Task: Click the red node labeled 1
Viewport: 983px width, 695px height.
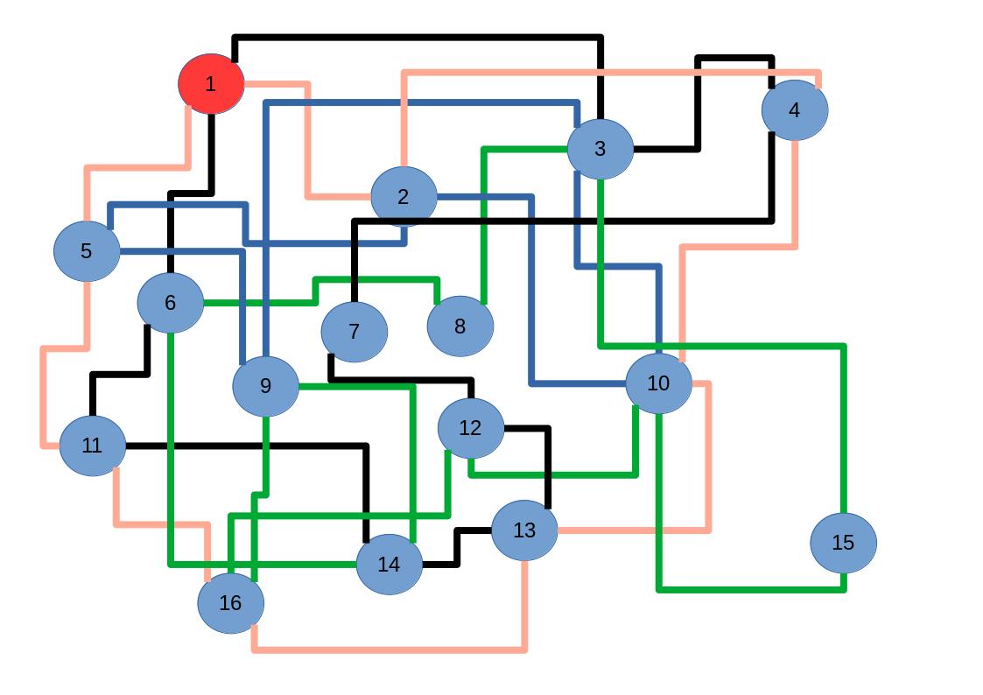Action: [211, 84]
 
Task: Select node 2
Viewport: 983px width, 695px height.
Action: [404, 197]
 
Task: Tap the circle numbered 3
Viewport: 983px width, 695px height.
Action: [600, 149]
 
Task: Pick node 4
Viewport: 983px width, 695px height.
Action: [794, 110]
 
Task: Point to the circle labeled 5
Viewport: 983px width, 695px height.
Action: [87, 251]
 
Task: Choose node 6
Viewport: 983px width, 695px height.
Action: [171, 303]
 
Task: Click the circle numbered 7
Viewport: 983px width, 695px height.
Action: [355, 332]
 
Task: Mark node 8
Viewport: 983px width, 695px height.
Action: [460, 326]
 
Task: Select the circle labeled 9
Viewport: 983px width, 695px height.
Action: [266, 386]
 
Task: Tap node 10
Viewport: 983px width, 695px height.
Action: [658, 383]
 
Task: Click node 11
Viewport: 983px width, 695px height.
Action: [93, 446]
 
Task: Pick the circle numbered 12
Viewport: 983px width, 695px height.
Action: [471, 428]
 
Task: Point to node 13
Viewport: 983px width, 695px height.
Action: [524, 530]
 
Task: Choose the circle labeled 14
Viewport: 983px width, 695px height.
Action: [390, 565]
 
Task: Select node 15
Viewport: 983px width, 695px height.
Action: [843, 543]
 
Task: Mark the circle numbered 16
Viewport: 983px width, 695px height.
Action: [231, 603]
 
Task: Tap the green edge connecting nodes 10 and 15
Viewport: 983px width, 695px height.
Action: [753, 590]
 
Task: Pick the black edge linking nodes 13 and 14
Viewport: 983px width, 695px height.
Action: [456, 547]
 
